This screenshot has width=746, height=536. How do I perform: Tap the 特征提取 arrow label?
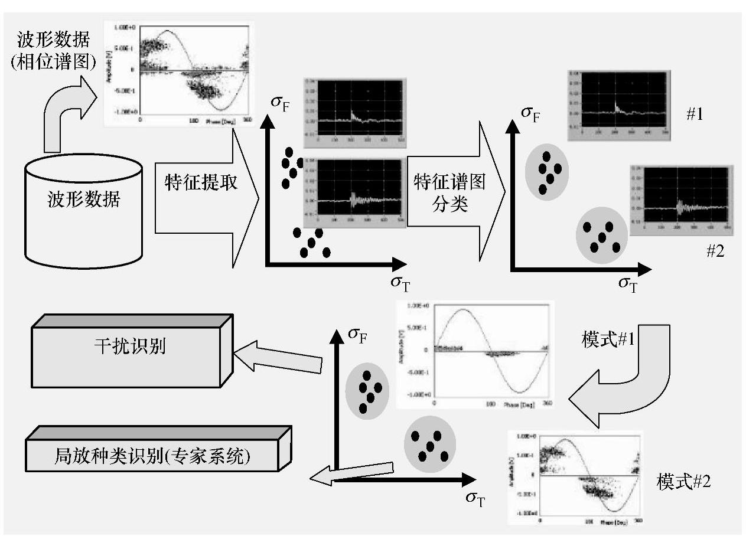(x=201, y=182)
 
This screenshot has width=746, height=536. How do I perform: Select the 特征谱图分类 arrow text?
(x=449, y=192)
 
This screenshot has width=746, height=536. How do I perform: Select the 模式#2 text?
(x=684, y=482)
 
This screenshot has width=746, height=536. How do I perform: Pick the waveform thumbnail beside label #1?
(x=617, y=106)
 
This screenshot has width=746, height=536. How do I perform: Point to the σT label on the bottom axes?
(x=475, y=499)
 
